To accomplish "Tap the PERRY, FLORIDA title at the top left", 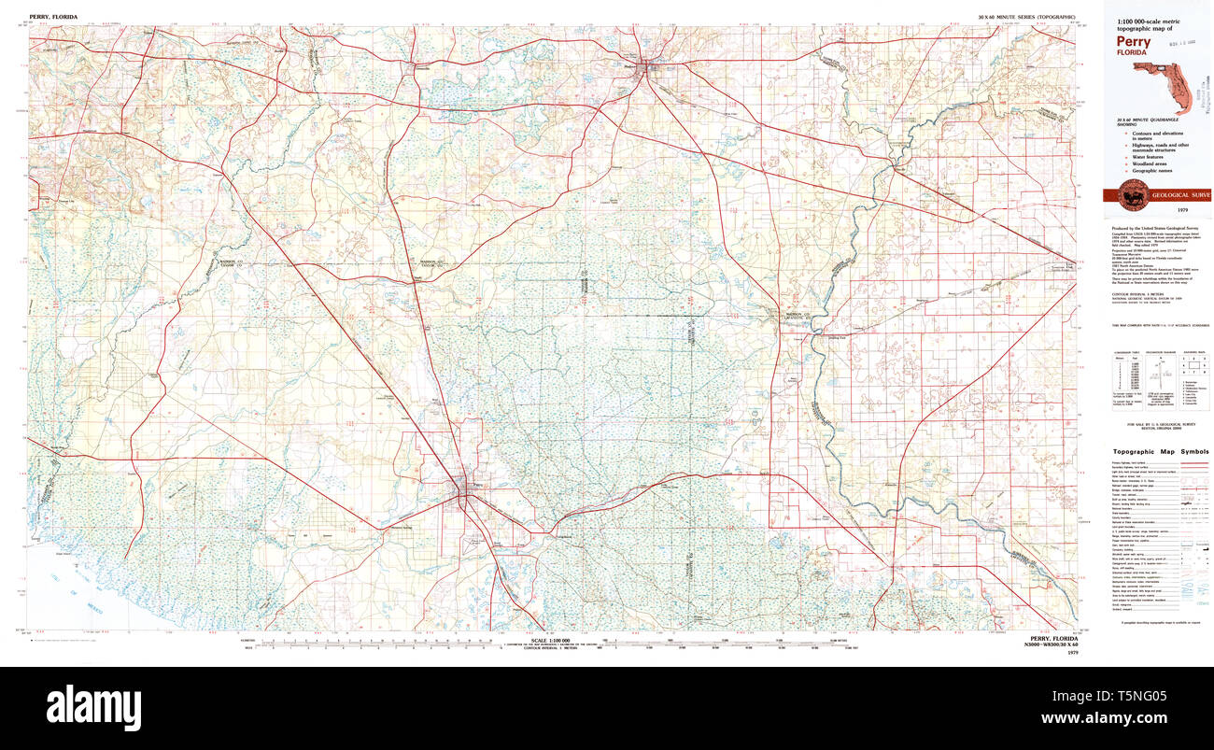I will click(x=53, y=17).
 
